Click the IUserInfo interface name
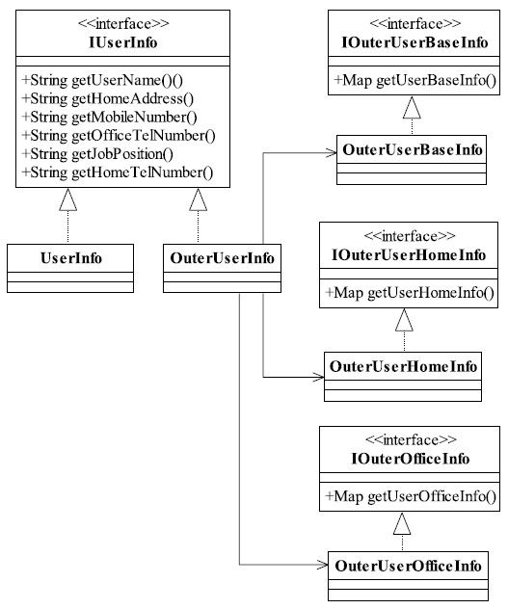point(122,42)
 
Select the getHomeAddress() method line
point(108,98)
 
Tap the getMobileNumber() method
point(109,117)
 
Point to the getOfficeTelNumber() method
point(119,136)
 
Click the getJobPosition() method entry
point(97,154)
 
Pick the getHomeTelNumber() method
point(118,172)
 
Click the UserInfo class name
point(71,258)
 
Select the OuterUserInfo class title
point(222,258)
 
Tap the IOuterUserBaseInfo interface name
point(414,42)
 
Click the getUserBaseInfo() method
point(415,80)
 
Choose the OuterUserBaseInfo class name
point(413,150)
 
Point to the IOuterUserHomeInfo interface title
point(409,255)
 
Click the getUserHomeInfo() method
point(410,293)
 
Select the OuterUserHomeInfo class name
point(404,366)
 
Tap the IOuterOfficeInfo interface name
point(411,459)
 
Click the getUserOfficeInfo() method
point(411,496)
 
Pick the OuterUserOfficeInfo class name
point(408,567)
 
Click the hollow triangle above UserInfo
point(68,199)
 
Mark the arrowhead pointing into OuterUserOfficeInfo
point(323,565)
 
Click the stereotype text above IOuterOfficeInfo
point(411,440)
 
